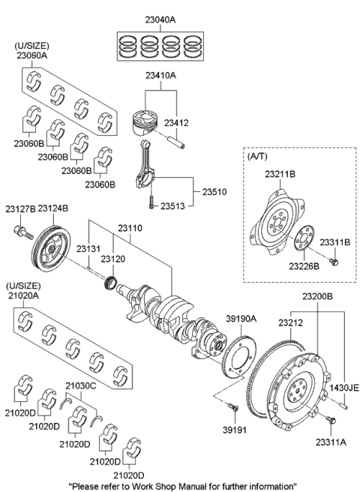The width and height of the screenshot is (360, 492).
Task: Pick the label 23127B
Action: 20,208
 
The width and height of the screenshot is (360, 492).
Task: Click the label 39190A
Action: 241,318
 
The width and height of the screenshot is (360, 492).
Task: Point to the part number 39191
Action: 234,430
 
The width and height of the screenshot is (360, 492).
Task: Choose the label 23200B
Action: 316,297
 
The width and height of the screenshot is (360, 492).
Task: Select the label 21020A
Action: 25,298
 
